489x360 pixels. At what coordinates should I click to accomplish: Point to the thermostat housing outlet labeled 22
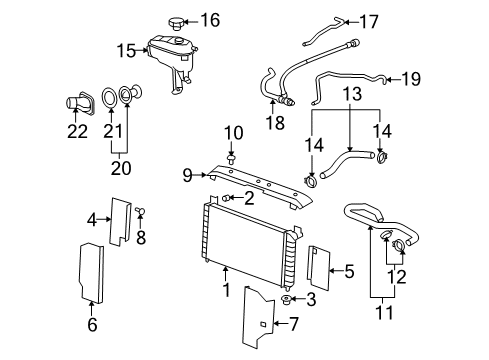click(76, 101)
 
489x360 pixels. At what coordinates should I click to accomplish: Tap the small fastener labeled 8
click(142, 211)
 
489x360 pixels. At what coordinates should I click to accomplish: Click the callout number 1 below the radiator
click(226, 291)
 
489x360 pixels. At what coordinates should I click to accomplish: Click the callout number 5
click(349, 269)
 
